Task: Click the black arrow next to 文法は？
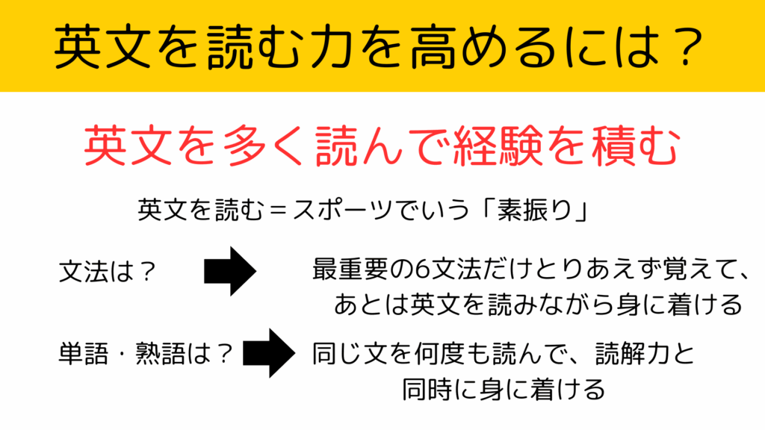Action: [x=230, y=271]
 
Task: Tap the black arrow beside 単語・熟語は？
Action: [x=269, y=353]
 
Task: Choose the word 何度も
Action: [x=452, y=353]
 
